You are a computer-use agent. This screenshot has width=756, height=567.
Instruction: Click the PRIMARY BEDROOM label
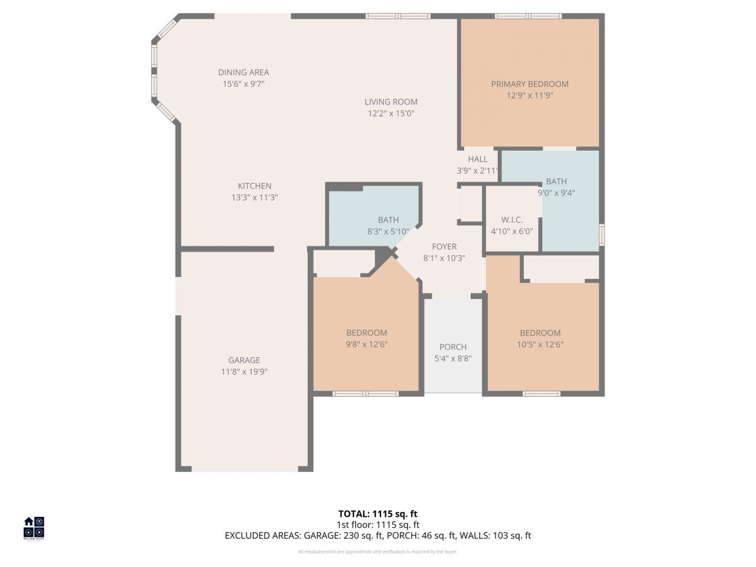[529, 84]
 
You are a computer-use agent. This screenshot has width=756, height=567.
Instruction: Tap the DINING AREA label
[243, 72]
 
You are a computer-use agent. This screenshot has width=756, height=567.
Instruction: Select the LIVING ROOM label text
[390, 102]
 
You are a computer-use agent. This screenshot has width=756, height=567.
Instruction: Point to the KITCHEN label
[255, 186]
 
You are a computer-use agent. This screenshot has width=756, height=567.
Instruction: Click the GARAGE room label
[244, 360]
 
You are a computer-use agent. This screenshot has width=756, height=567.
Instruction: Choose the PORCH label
[453, 347]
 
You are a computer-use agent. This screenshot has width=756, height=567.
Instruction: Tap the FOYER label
[444, 247]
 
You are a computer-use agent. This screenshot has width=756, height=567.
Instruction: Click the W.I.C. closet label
[511, 220]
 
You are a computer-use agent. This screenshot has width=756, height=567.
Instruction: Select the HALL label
[478, 159]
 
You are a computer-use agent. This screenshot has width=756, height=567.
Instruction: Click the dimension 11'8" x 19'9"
[244, 372]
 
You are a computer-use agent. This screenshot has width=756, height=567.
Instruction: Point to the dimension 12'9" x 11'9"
[529, 95]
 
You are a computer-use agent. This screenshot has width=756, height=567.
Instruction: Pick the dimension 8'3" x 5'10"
[388, 232]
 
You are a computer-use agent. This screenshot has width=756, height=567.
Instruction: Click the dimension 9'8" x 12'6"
[366, 344]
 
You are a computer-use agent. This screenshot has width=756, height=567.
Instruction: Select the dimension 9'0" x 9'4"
[556, 193]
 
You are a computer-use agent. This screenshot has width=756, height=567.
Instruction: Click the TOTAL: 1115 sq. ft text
[377, 514]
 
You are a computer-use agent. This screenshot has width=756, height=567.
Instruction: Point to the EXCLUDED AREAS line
[377, 536]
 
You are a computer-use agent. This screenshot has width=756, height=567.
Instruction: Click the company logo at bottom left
[34, 528]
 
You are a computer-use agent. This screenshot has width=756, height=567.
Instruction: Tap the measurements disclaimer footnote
[377, 552]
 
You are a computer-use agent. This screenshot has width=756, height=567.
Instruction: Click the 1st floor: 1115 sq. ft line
[377, 524]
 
